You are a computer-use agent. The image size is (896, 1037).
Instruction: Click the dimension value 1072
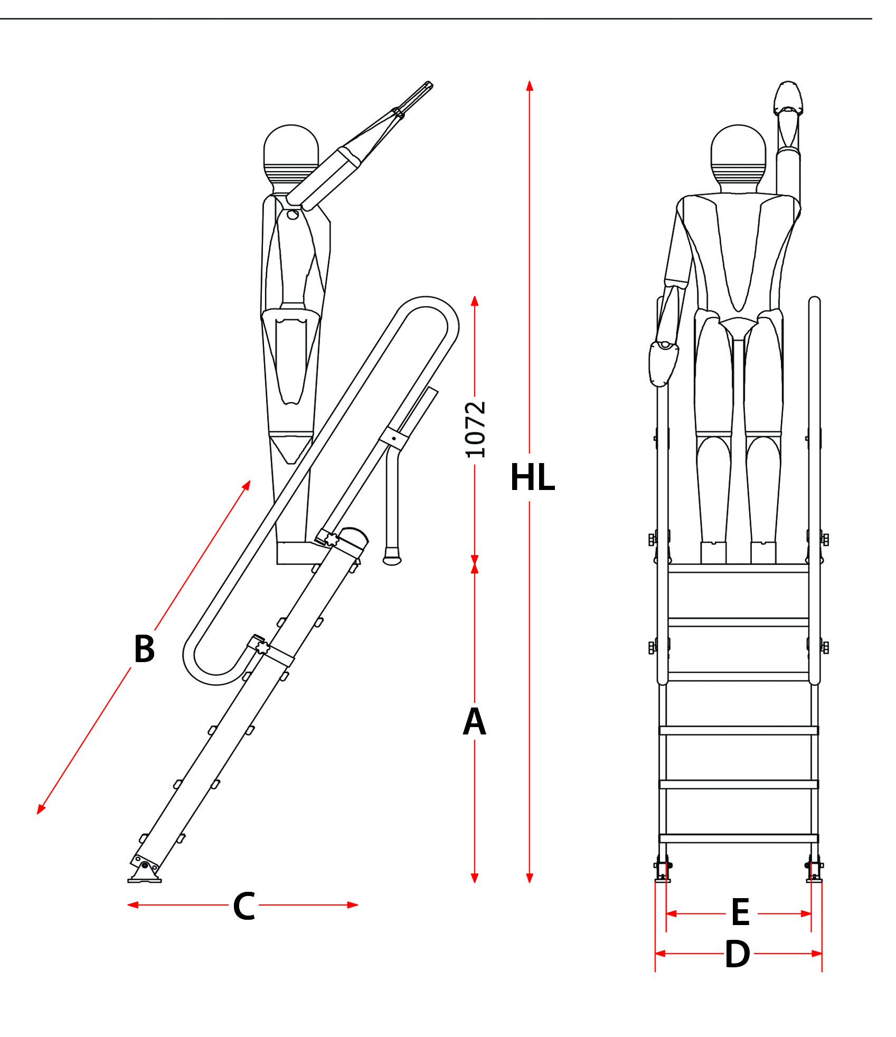(x=475, y=429)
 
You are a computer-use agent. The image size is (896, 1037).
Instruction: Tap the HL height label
(x=532, y=478)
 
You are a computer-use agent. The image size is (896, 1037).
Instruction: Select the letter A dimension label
(x=474, y=722)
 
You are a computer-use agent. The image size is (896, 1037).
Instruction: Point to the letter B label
(x=144, y=648)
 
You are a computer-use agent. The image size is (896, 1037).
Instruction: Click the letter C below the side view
(x=244, y=907)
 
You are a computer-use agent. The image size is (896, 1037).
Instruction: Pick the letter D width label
(x=737, y=954)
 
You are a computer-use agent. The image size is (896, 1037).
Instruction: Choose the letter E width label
(x=740, y=912)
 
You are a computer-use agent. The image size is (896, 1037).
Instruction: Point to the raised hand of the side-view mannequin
(x=414, y=98)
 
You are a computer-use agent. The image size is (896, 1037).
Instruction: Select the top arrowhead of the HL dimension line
(x=530, y=86)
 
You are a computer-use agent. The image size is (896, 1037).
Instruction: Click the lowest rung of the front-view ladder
(x=738, y=838)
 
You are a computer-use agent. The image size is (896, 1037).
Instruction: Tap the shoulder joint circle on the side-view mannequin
(x=293, y=215)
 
